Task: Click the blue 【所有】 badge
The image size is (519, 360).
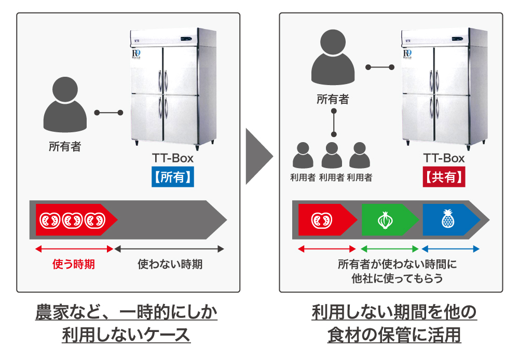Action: click(173, 176)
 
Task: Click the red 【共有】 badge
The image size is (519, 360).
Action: click(444, 176)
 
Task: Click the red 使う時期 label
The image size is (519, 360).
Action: click(74, 264)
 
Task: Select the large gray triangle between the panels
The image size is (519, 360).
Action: click(257, 156)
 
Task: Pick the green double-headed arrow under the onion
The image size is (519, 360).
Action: click(389, 250)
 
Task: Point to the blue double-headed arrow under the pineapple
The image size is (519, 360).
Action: click(450, 250)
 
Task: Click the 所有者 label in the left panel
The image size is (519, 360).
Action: click(64, 147)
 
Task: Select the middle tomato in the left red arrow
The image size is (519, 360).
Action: click(72, 220)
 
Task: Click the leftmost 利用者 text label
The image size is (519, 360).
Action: click(303, 177)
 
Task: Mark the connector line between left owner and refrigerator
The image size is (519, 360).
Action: click(108, 113)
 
